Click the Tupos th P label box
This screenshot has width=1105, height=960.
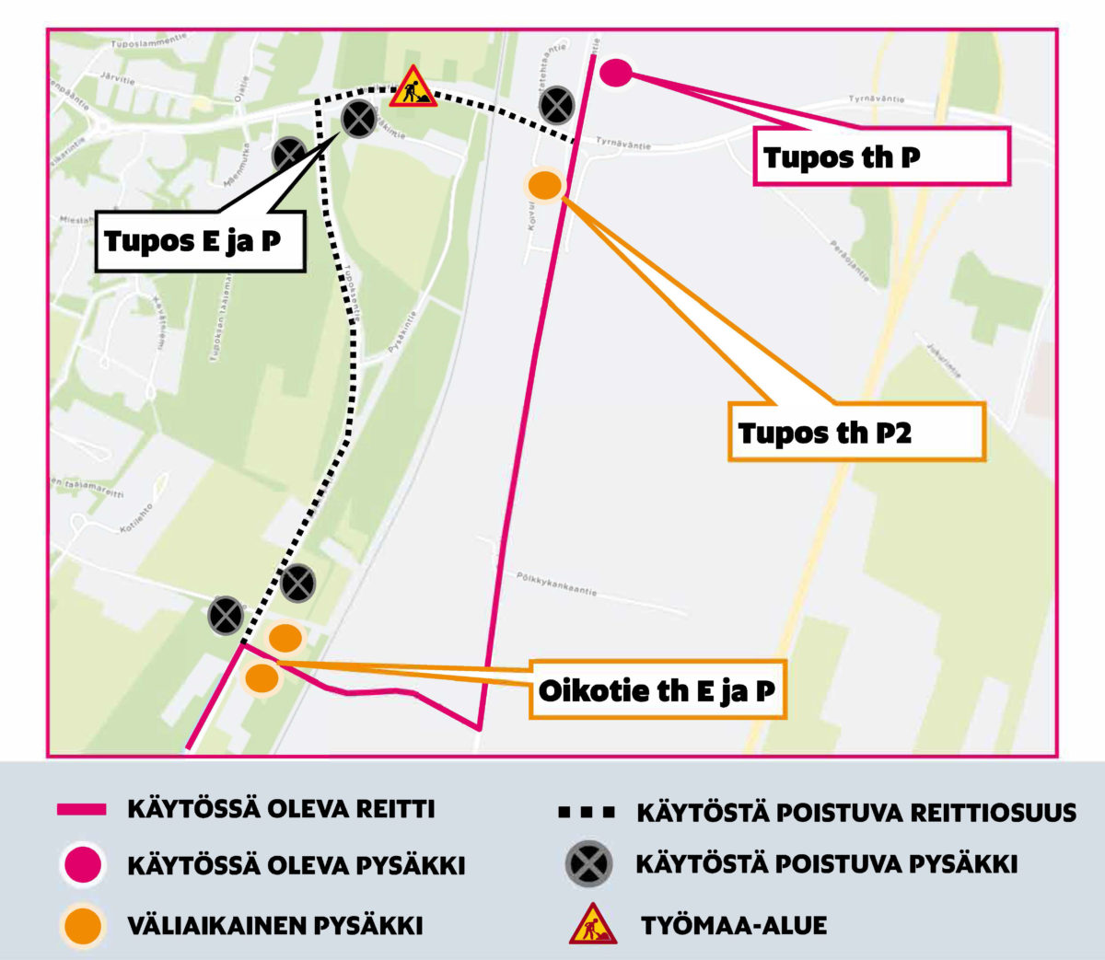(x=881, y=156)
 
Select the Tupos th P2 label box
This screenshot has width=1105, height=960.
(x=856, y=432)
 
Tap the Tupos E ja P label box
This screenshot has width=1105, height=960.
(x=199, y=242)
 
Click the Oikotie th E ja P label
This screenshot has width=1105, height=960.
(x=657, y=690)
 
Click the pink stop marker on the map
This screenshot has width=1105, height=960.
(x=615, y=72)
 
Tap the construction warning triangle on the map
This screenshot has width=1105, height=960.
(x=413, y=87)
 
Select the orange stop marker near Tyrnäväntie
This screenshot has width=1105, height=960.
(x=544, y=185)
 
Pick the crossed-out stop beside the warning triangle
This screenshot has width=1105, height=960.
(x=358, y=120)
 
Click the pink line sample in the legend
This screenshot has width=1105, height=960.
(x=81, y=810)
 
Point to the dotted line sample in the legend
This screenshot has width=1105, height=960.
(x=586, y=813)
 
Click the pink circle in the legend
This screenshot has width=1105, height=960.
(x=83, y=866)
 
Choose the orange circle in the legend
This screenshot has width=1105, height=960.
(x=83, y=925)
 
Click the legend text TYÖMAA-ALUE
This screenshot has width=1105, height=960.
(x=734, y=925)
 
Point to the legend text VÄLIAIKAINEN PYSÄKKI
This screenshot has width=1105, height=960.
(x=275, y=925)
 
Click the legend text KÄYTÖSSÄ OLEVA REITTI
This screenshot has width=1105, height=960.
(x=281, y=810)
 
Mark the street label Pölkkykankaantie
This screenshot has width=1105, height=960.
(x=556, y=584)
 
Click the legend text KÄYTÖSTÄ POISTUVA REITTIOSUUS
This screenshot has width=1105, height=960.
(x=856, y=813)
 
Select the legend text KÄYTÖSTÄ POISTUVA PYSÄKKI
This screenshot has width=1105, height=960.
(x=826, y=864)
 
